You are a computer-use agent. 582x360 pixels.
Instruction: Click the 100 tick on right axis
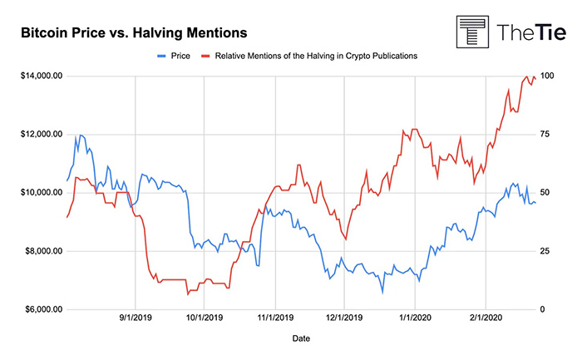(x=548, y=76)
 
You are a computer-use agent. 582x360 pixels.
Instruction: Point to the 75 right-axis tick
(x=545, y=134)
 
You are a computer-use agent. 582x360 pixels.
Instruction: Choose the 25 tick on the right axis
(x=545, y=251)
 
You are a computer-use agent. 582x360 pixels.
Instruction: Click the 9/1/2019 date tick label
(x=136, y=318)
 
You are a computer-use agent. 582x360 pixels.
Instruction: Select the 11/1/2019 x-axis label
(x=275, y=318)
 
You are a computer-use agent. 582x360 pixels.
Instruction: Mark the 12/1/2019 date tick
(x=344, y=318)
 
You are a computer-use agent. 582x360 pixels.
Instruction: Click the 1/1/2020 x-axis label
(x=414, y=318)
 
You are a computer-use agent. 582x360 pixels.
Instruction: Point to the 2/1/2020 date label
(x=485, y=318)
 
